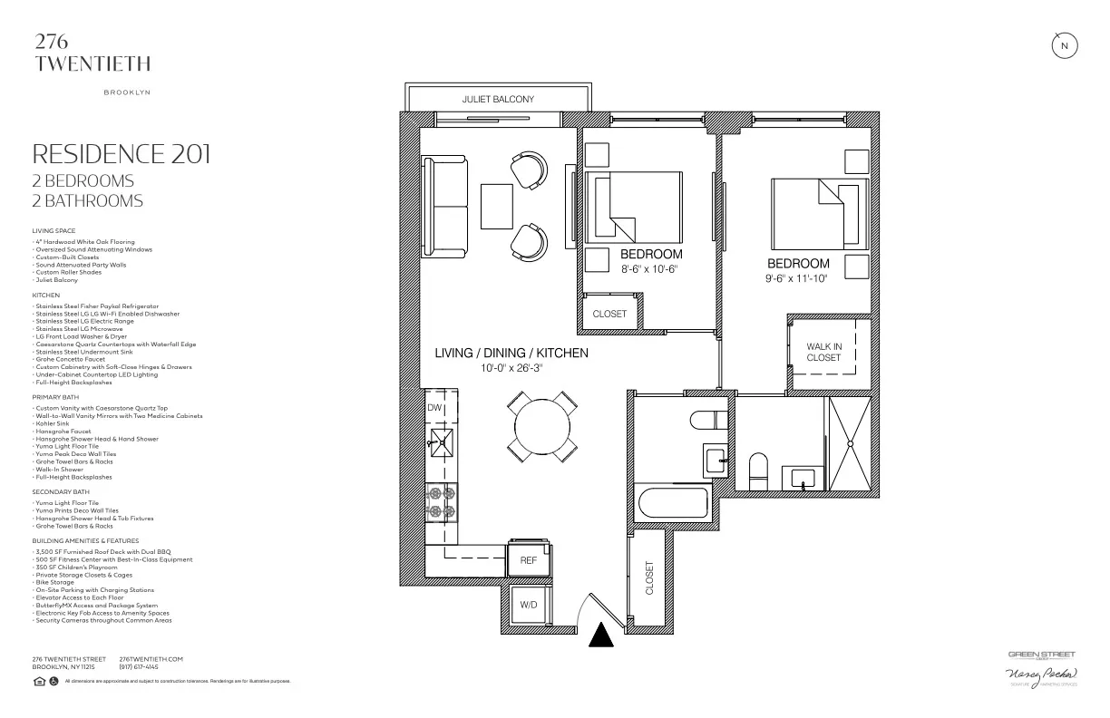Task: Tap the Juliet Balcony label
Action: click(498, 99)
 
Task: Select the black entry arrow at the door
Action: click(600, 636)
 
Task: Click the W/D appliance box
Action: click(528, 605)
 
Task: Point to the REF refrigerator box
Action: click(529, 561)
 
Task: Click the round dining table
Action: click(542, 426)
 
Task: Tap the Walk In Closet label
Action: click(823, 352)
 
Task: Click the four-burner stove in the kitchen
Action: click(442, 502)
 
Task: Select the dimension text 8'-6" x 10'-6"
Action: click(648, 269)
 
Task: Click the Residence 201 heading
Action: click(121, 153)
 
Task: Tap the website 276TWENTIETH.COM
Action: click(151, 659)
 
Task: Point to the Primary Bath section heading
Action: click(58, 397)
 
